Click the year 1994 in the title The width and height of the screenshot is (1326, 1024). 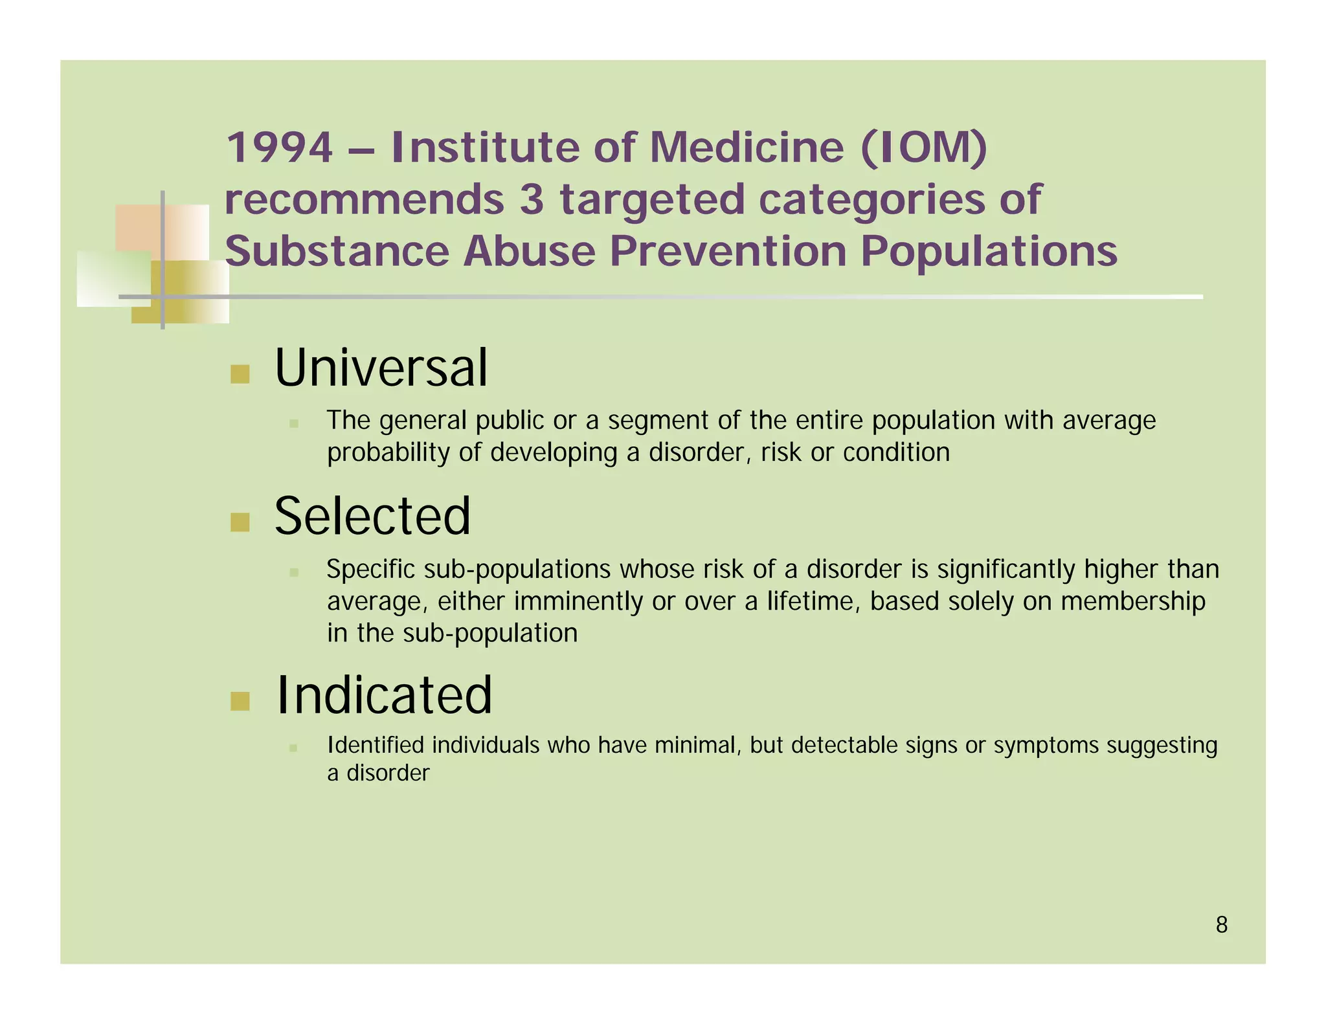click(x=279, y=148)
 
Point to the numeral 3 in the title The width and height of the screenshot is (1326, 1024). click(x=532, y=199)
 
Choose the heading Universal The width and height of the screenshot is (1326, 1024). click(x=381, y=368)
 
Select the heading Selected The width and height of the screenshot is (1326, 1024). click(x=372, y=516)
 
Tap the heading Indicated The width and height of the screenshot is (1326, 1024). click(x=384, y=695)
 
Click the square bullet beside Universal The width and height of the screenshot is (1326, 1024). click(x=240, y=374)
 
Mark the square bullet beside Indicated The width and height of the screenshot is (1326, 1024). click(x=240, y=701)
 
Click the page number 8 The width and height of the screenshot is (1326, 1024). click(x=1221, y=925)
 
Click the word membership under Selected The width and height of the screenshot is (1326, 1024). click(x=1132, y=601)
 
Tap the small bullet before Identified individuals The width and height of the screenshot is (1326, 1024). click(x=293, y=748)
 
